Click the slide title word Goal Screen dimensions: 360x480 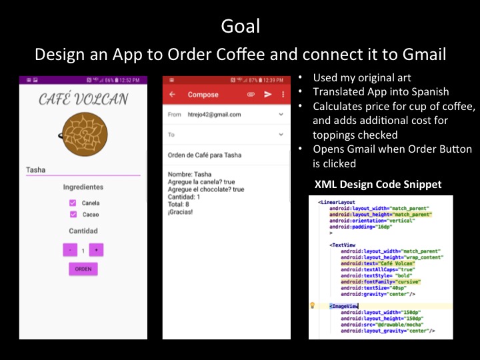pos(240,27)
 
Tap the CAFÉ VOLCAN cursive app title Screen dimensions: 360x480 pos(83,99)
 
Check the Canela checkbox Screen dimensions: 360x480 pos(73,203)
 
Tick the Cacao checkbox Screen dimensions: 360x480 pos(73,215)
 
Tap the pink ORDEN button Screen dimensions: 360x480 pos(83,269)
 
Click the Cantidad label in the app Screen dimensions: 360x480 pos(83,231)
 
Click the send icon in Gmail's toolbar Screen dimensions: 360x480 pos(268,95)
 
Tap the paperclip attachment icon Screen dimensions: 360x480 pos(251,95)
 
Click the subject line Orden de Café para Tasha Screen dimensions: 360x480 pos(205,155)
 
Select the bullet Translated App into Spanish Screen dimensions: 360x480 pos(381,93)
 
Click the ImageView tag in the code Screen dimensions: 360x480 pos(344,306)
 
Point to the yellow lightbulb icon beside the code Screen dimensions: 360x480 pos(313,305)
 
